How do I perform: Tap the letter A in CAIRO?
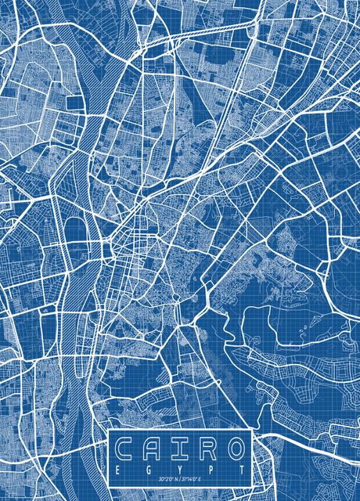click(x=154, y=449)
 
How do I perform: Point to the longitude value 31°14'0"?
click(x=191, y=478)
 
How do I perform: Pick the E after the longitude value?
click(x=202, y=478)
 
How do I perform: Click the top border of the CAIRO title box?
click(x=181, y=431)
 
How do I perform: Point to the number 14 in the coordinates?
click(x=191, y=478)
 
